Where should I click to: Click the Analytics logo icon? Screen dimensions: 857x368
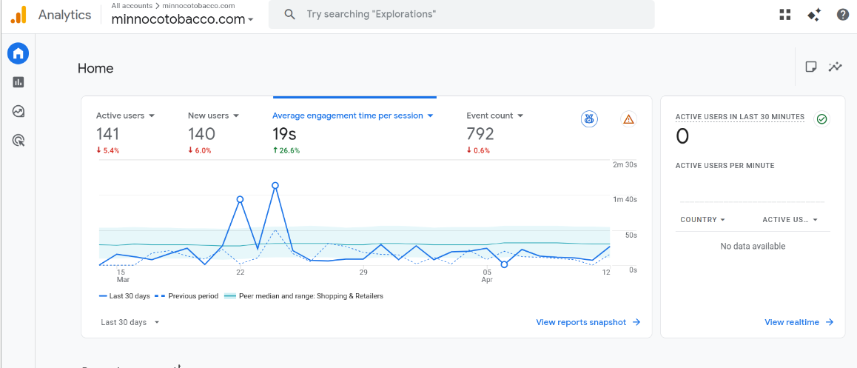coord(18,15)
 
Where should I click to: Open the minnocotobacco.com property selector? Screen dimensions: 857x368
coord(182,19)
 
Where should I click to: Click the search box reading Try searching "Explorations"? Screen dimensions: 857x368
coord(461,14)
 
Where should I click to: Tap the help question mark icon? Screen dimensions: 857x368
coord(843,15)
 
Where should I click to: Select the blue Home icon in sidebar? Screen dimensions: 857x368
coord(18,53)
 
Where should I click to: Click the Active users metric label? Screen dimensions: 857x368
coord(120,116)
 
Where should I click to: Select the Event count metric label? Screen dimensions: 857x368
coord(490,116)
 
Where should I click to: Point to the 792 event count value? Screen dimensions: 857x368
coord(480,133)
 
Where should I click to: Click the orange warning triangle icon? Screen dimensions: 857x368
coord(628,118)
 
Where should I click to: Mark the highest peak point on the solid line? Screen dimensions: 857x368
coord(275,185)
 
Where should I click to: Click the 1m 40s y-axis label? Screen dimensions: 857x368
coord(625,200)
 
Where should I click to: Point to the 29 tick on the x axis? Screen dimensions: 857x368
coord(363,272)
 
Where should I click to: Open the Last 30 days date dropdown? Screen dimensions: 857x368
coord(130,322)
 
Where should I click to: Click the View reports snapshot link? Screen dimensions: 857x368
coord(588,322)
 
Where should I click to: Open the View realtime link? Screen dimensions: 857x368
coord(799,322)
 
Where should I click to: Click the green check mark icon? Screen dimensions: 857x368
coord(821,118)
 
